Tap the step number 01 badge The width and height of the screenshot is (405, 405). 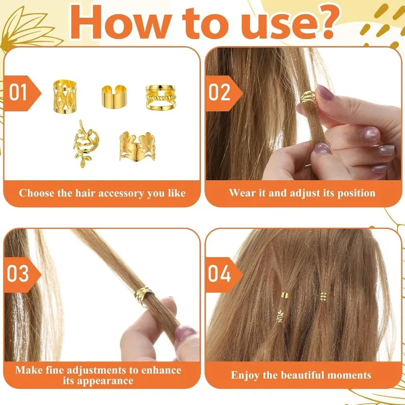(22, 93)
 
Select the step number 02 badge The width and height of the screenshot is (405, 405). (223, 93)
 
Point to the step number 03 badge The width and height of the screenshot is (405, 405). (22, 274)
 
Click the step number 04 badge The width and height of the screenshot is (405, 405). (223, 274)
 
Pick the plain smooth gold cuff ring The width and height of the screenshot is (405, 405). (114, 97)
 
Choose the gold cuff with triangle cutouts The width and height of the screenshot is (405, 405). (65, 96)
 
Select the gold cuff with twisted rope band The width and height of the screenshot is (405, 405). (160, 97)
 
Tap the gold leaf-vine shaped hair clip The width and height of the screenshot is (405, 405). (86, 144)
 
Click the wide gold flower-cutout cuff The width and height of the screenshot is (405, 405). (137, 146)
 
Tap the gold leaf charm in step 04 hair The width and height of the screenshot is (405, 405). (280, 316)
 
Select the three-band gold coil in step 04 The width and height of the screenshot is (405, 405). (323, 296)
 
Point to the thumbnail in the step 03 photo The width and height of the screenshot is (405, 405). (185, 333)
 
